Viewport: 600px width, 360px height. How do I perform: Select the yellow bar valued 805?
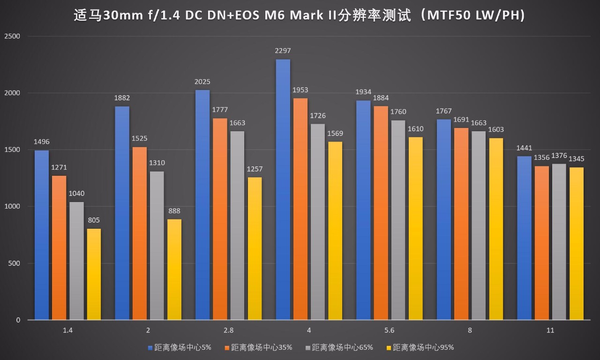coord(94,274)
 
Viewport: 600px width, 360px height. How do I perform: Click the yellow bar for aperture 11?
coord(576,244)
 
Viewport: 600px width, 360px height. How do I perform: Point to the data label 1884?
coord(381,98)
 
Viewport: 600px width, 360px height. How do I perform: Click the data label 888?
coord(174,211)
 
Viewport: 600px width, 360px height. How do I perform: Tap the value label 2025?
coord(202,82)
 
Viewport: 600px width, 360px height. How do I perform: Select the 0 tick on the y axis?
coord(18,320)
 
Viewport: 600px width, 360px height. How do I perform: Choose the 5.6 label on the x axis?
coord(389,330)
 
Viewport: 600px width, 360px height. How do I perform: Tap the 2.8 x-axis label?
coord(228,330)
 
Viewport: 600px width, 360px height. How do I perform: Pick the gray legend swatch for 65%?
coord(307,348)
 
